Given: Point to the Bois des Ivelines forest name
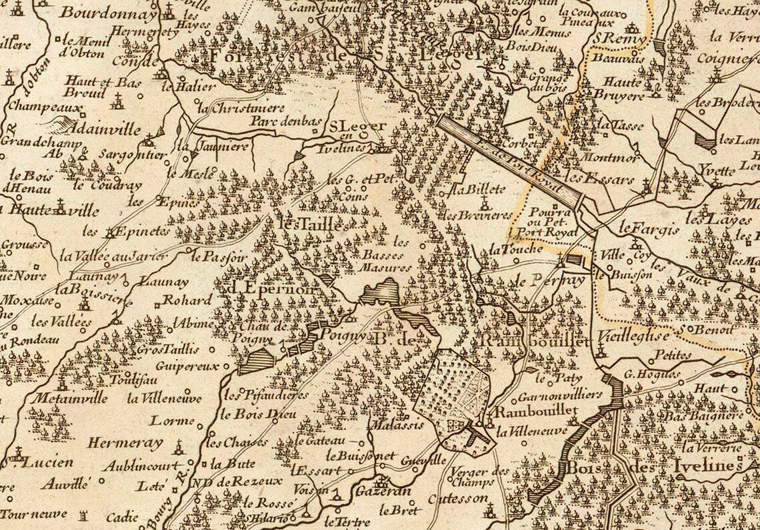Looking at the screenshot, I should point(653,467).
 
